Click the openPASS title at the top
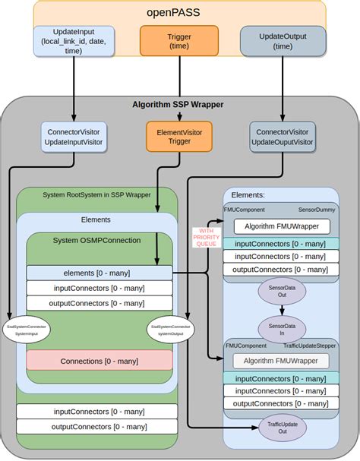[x=179, y=14]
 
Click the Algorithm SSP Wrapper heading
[x=180, y=105]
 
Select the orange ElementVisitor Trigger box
[x=179, y=136]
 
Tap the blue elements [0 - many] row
[x=99, y=273]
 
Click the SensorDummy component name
[x=317, y=209]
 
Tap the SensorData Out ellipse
[x=281, y=291]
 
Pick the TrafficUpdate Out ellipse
[x=281, y=426]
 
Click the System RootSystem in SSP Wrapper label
[x=96, y=194]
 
